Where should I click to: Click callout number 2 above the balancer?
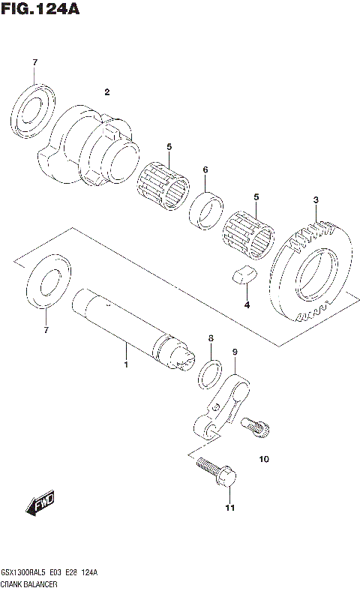click(x=107, y=92)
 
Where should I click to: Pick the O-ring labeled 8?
click(x=211, y=373)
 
